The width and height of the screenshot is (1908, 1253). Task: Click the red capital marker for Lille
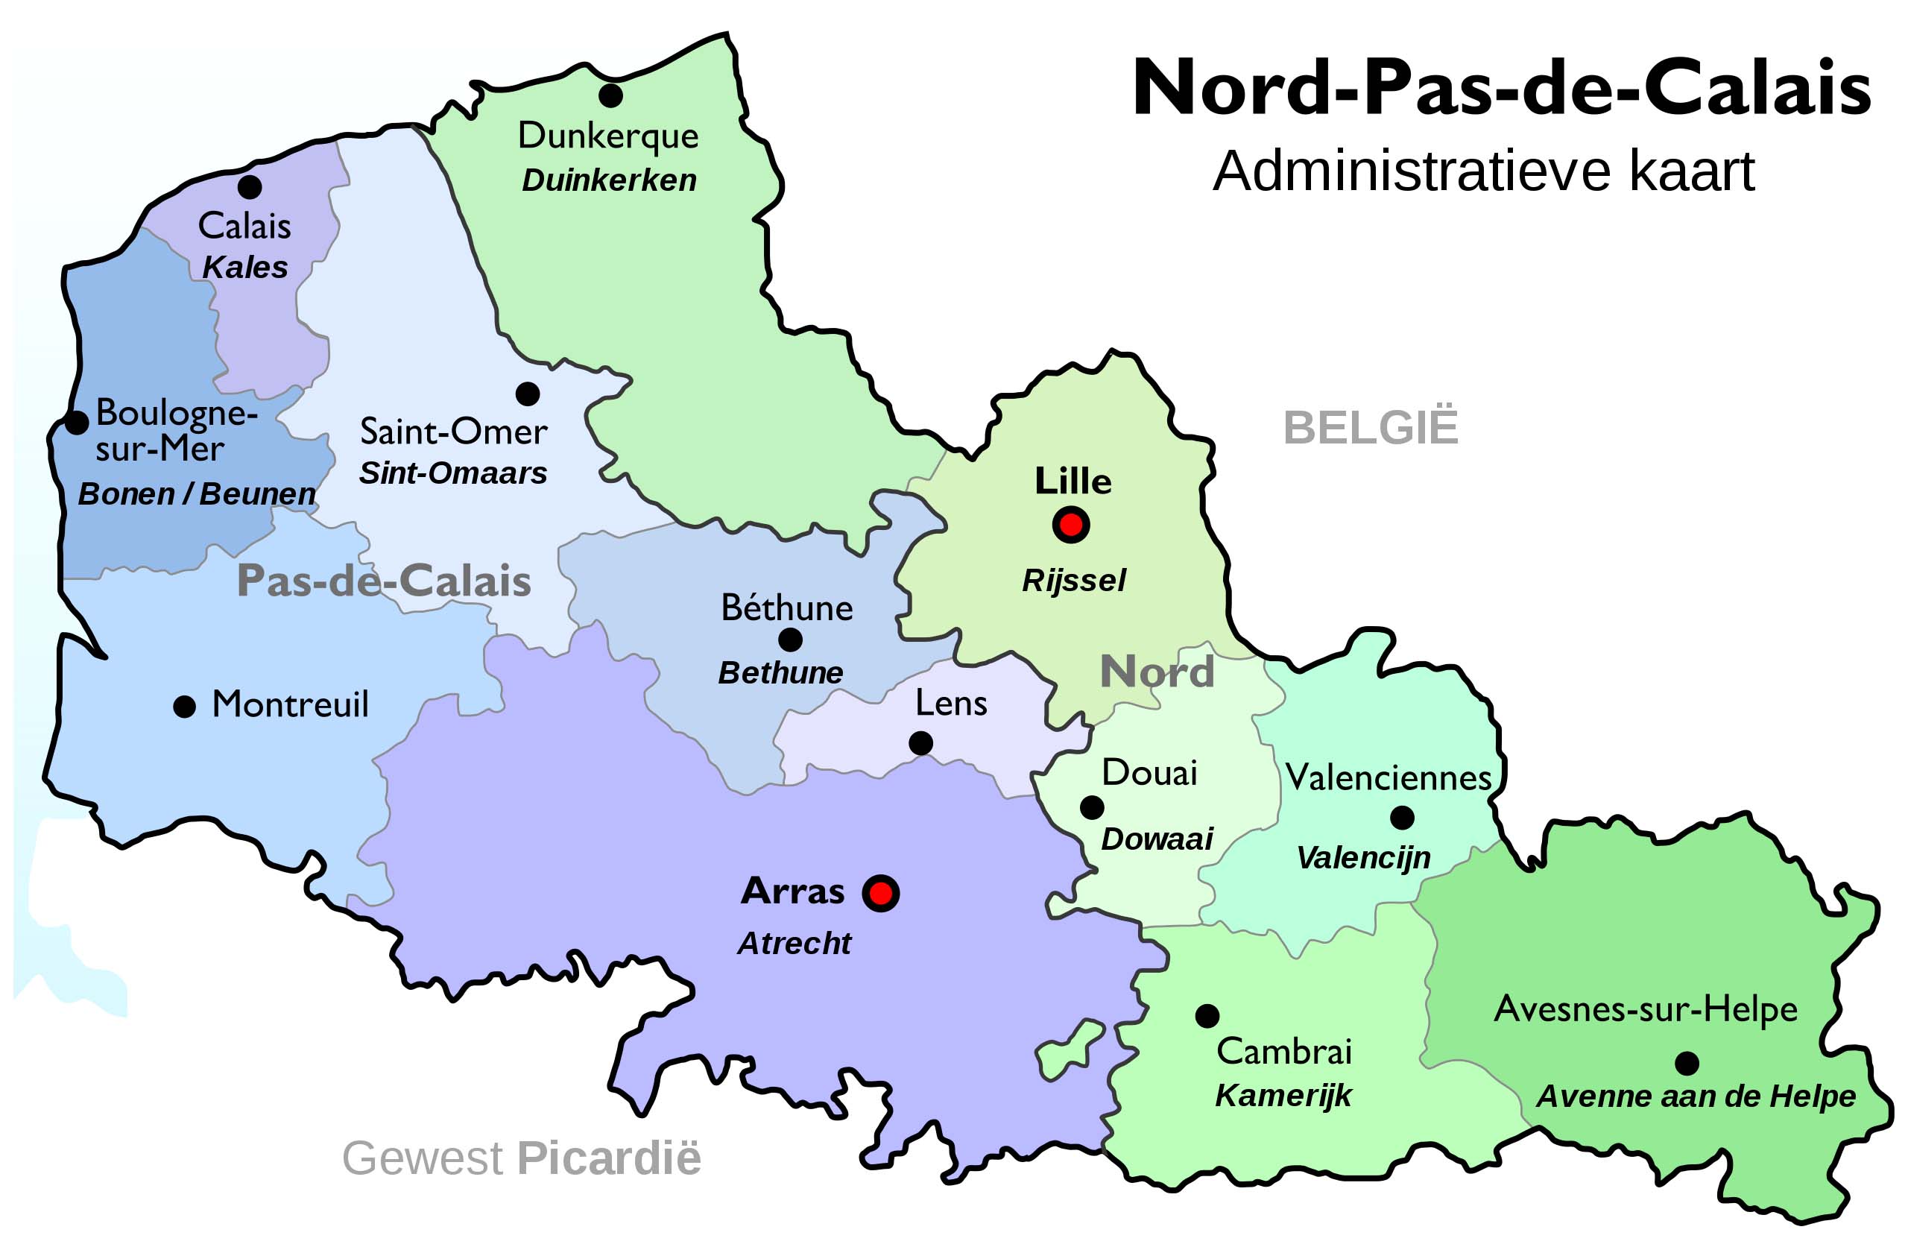click(x=1071, y=525)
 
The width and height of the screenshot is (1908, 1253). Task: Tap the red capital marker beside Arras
click(x=881, y=892)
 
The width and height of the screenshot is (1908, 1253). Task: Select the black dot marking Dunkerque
click(x=611, y=95)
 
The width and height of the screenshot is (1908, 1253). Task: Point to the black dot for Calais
click(x=250, y=187)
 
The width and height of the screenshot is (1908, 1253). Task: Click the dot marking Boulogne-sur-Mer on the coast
click(x=76, y=423)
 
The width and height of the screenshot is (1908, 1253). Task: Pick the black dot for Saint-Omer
click(x=528, y=394)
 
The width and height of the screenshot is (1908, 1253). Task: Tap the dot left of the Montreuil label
click(x=184, y=707)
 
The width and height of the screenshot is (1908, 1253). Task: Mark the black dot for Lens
click(x=921, y=743)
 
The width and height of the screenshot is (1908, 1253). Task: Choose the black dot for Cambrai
click(x=1207, y=1016)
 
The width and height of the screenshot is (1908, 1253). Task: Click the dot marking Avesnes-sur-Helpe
click(x=1687, y=1063)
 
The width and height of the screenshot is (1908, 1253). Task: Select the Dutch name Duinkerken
click(x=609, y=180)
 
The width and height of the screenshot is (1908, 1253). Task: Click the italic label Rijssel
click(x=1073, y=581)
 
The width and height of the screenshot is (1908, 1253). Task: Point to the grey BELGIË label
click(x=1370, y=427)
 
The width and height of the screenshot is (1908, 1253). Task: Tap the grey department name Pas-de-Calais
click(x=384, y=581)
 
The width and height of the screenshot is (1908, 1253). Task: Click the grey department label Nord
click(x=1157, y=671)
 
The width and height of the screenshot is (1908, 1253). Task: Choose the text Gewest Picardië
click(x=521, y=1158)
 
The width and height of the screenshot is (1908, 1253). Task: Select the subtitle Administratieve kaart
click(x=1483, y=171)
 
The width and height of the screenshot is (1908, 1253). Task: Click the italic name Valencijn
click(x=1364, y=858)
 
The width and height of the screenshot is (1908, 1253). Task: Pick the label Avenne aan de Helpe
click(x=1696, y=1096)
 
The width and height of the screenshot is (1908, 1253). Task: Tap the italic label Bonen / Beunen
click(x=197, y=494)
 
